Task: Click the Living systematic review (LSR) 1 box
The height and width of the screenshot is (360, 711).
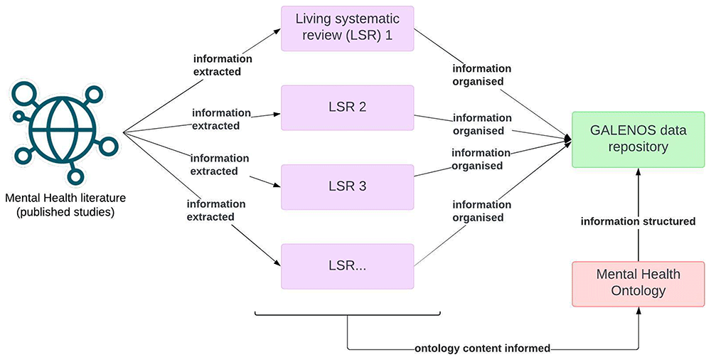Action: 348,28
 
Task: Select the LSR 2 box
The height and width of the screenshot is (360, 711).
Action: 348,107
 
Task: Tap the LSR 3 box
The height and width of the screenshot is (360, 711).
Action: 348,187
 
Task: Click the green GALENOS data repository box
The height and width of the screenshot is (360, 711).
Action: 638,139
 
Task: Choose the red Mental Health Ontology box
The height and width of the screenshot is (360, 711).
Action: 638,284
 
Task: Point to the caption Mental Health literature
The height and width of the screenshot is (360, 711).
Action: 65,198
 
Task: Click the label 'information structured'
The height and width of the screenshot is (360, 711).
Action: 638,221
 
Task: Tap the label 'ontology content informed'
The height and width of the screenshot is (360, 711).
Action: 483,349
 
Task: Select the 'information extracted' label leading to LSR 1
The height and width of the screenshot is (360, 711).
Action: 223,65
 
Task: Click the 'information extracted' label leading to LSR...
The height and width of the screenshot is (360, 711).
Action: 216,211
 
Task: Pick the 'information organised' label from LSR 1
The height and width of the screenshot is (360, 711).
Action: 481,75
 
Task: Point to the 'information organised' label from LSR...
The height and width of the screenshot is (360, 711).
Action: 481,211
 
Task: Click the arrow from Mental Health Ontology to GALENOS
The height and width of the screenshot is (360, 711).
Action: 638,214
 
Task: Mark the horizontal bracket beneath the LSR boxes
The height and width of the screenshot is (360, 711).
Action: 348,314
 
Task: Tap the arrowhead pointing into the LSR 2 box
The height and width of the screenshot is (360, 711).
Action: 277,115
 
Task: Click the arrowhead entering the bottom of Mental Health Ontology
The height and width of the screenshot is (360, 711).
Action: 638,310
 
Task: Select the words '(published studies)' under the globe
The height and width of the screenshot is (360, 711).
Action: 65,212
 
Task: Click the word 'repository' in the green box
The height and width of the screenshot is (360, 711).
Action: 638,147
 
